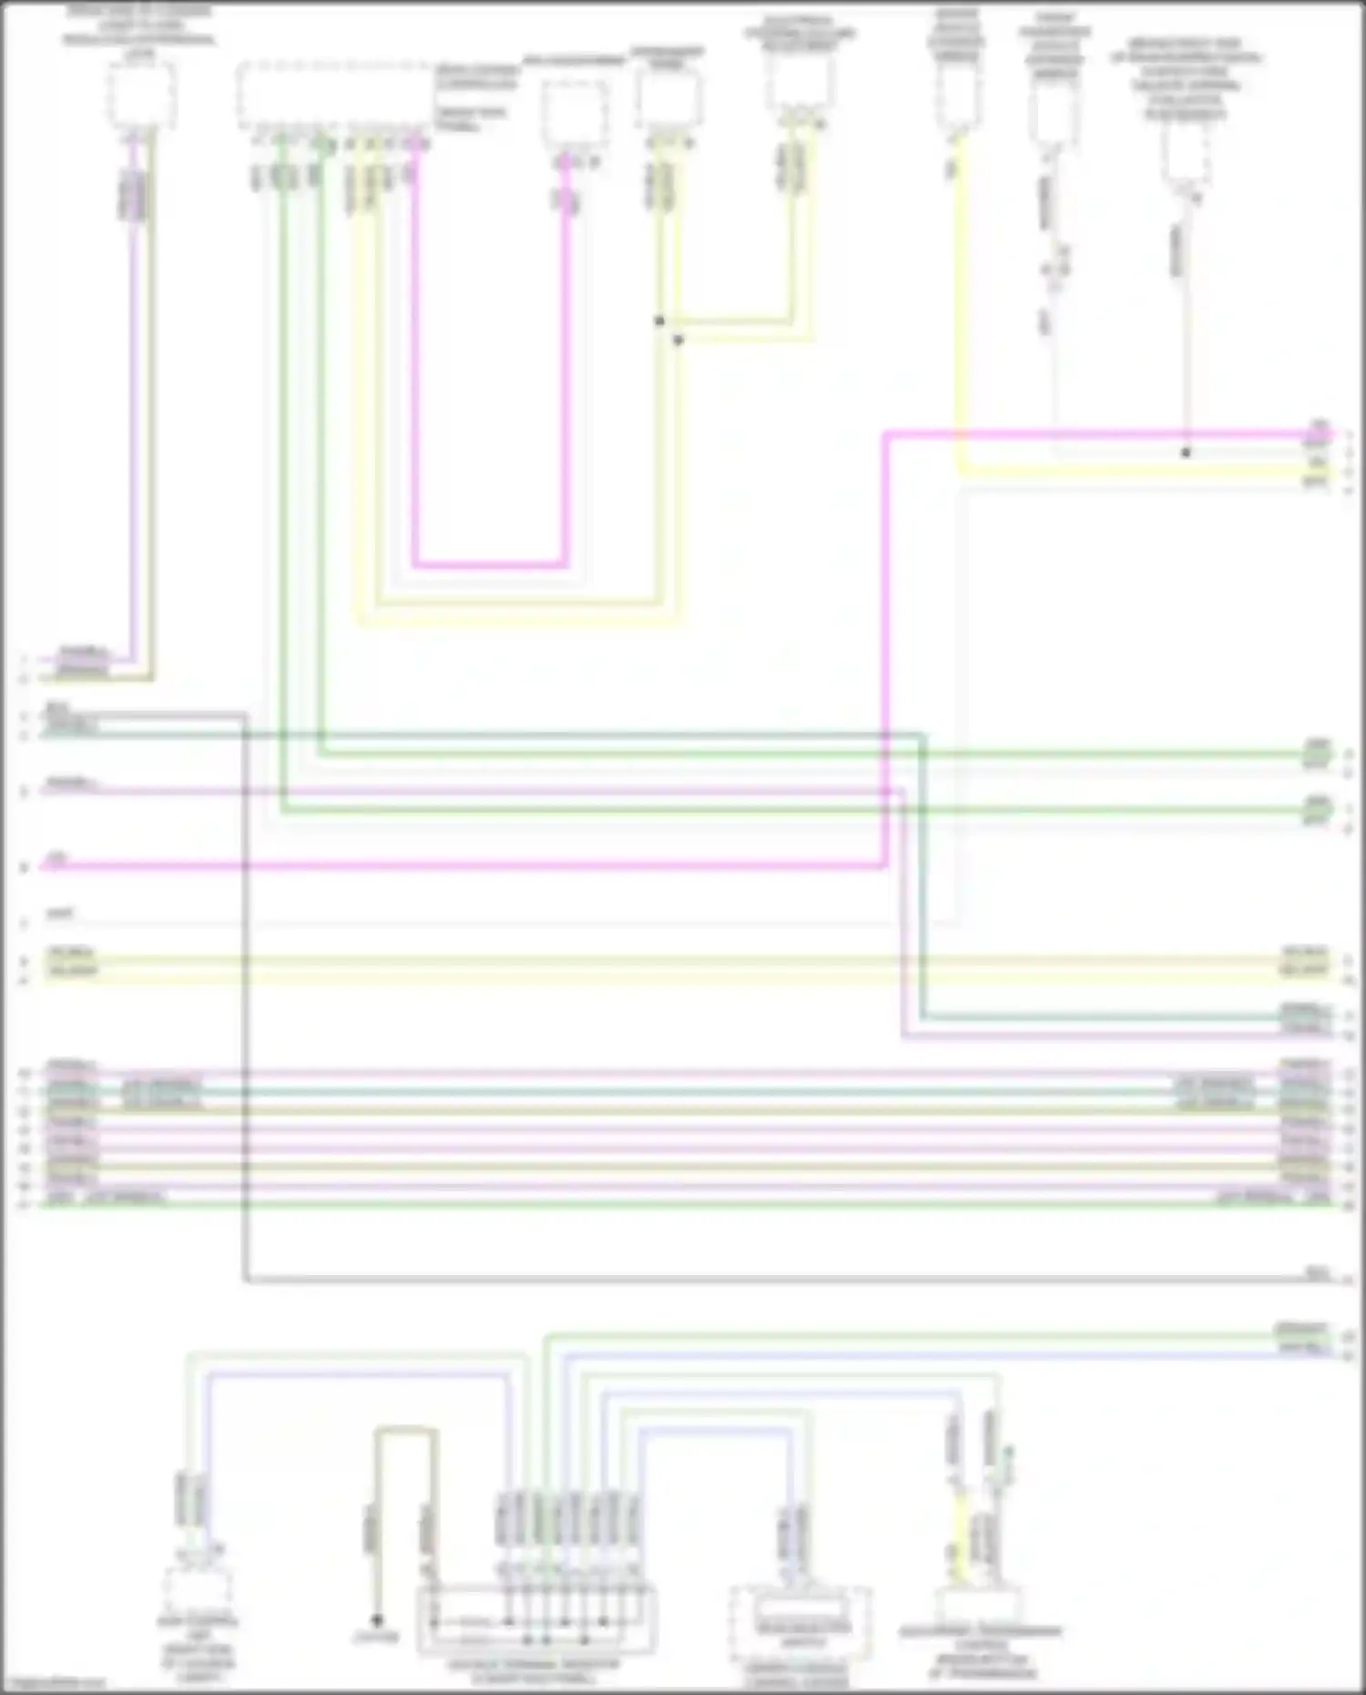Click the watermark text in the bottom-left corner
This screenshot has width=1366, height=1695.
(x=53, y=1684)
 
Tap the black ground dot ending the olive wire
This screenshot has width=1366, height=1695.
(x=376, y=1620)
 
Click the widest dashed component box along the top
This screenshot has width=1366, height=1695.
(x=334, y=96)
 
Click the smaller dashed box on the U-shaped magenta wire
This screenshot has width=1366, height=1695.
(x=576, y=113)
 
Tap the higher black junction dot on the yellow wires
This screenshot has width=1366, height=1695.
(x=659, y=321)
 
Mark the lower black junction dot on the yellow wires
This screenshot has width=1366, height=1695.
(x=678, y=340)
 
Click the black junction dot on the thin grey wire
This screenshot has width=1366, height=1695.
(x=1186, y=452)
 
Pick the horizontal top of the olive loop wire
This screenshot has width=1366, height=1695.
(x=406, y=1430)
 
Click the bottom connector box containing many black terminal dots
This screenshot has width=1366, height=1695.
(x=536, y=1620)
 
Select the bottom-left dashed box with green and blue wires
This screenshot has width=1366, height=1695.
(x=198, y=1589)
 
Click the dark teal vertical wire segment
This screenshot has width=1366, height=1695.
(x=922, y=874)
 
